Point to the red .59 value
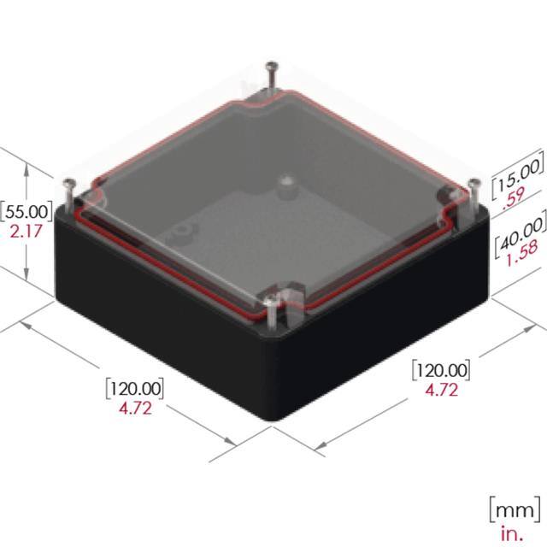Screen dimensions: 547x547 point(513,202)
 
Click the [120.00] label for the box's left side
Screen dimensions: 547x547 point(134,387)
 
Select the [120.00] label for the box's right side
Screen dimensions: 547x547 point(441,370)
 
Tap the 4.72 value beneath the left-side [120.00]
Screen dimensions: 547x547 point(135,408)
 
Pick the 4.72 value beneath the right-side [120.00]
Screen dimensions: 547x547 point(441,391)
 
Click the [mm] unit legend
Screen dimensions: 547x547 point(514,510)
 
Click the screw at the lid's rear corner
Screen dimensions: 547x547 point(273,68)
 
